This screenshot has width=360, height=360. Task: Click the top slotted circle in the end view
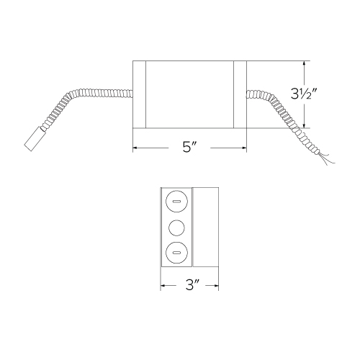[x=176, y=201]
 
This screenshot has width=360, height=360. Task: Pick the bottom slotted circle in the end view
[x=176, y=252]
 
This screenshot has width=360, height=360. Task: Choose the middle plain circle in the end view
[x=176, y=228]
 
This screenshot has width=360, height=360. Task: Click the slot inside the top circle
[x=176, y=202]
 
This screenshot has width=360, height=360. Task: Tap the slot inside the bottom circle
[x=176, y=253]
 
